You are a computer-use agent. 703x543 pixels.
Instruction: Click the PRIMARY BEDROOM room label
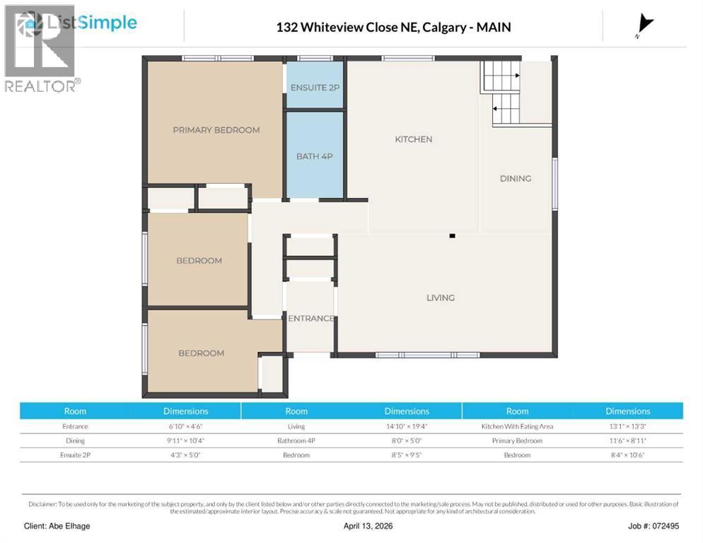point(216,130)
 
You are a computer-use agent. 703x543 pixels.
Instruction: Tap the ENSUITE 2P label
point(315,88)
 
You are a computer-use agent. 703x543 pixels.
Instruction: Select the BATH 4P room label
point(314,156)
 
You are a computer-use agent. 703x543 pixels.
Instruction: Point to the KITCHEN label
point(413,139)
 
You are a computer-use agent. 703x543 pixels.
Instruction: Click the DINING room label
point(515,179)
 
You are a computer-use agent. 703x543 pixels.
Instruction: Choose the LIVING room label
point(440,298)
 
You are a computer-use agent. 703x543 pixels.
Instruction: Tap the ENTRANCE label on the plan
point(310,318)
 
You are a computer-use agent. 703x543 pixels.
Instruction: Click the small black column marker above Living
point(452,236)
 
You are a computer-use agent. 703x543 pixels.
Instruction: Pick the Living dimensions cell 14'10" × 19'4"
point(407,426)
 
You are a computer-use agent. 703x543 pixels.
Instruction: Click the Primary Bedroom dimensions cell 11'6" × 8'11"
point(627,440)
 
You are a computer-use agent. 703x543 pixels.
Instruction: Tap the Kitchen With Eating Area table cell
point(517,426)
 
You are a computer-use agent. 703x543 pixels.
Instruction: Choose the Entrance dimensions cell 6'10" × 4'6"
point(185,426)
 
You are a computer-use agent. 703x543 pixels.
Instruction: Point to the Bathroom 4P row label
point(296,440)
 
